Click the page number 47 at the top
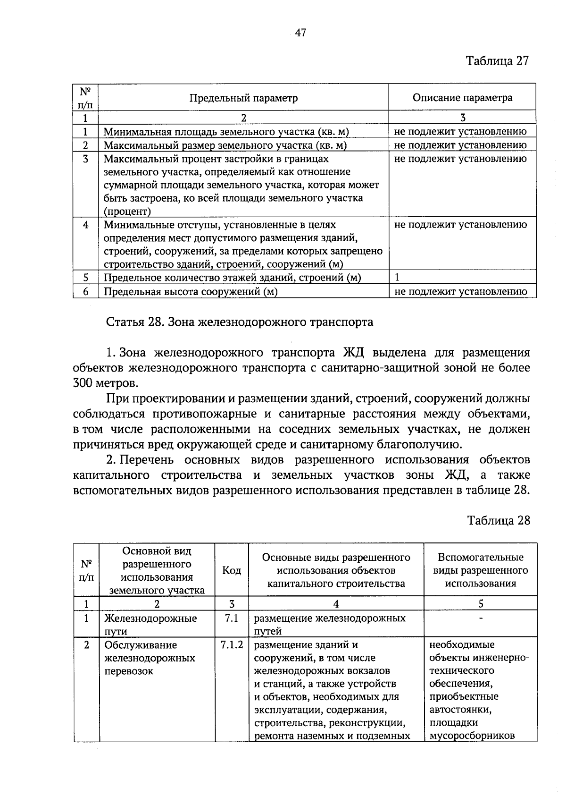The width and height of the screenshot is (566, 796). [x=300, y=33]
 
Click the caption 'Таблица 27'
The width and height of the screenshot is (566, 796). [x=498, y=61]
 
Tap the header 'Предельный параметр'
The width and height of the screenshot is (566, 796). [x=243, y=98]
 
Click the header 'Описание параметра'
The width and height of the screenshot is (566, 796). [x=462, y=98]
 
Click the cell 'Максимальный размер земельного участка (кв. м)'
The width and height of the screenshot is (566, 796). [x=225, y=145]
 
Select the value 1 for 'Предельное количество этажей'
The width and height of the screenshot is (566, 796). [x=397, y=277]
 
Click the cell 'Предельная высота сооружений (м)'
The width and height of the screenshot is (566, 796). [x=190, y=291]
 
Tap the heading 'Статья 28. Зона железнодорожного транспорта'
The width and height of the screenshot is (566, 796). [x=239, y=322]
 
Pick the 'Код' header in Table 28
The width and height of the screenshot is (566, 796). [x=231, y=570]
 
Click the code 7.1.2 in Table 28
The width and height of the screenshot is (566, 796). [x=231, y=645]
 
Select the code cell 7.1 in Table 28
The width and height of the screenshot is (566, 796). [x=231, y=618]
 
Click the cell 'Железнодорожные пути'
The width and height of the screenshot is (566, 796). [x=150, y=624]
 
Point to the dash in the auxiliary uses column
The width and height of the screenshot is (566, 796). [x=480, y=618]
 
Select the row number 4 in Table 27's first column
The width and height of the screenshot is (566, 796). [x=85, y=225]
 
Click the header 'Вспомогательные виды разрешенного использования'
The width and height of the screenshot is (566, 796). [x=480, y=570]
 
